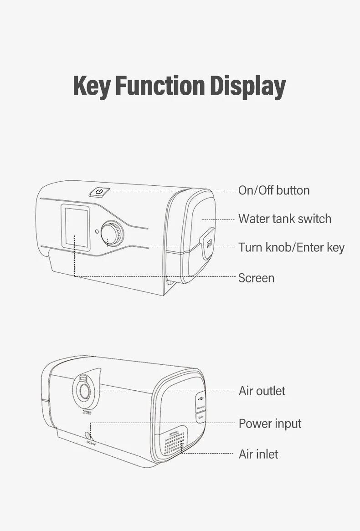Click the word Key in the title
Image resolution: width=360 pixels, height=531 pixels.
[92, 86]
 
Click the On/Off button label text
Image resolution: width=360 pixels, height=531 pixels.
[274, 190]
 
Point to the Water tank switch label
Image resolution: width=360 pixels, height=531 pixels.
[285, 219]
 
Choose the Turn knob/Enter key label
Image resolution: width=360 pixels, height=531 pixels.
[292, 247]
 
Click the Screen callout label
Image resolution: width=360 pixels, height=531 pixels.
[256, 278]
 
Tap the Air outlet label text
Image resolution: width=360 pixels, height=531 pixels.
[262, 391]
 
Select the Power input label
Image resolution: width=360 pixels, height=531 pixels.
[270, 424]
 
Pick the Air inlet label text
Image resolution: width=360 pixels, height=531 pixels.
[258, 454]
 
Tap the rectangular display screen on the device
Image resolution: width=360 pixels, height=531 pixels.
[75, 227]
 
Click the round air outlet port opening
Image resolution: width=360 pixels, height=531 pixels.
[84, 391]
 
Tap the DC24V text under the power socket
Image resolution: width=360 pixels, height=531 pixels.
[91, 442]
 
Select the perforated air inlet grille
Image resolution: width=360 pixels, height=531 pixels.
[174, 442]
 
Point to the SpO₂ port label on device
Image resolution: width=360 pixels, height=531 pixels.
[200, 416]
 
